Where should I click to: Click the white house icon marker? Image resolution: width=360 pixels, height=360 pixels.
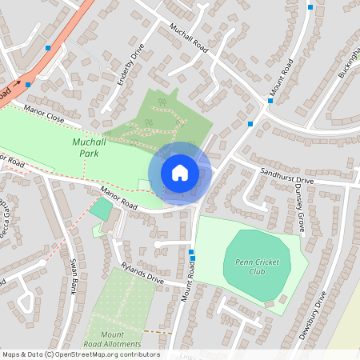pos(180,173)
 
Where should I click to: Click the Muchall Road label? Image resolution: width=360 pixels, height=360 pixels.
pos(190,38)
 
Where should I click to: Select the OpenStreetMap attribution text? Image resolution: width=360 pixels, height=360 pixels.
pos(80,354)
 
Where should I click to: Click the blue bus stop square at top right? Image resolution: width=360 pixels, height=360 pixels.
pos(310,6)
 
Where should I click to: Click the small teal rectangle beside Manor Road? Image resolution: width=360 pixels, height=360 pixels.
pos(101,210)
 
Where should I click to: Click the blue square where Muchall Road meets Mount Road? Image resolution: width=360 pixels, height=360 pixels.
pos(251,123)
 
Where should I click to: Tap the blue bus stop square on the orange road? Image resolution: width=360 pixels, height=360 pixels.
pos(49,48)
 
